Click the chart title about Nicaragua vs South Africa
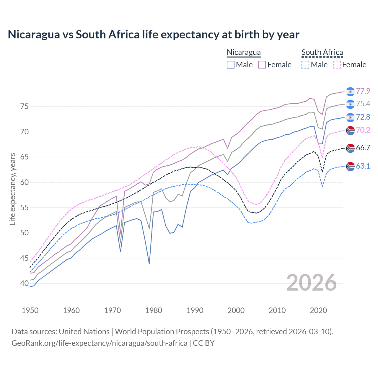click(x=154, y=35)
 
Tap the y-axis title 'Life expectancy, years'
click(x=12, y=189)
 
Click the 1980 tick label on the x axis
click(x=154, y=310)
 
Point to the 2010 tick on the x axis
click(x=277, y=310)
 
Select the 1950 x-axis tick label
click(x=30, y=310)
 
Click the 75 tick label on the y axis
click(x=24, y=106)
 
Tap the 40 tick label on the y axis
click(x=24, y=283)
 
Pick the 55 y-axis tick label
click(x=24, y=208)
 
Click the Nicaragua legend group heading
click(x=244, y=52)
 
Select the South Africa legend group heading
click(x=322, y=52)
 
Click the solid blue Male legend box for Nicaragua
click(x=231, y=65)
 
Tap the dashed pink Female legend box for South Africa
click(x=337, y=65)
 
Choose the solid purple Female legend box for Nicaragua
click(x=262, y=65)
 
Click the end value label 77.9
click(x=363, y=91)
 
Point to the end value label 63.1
click(x=363, y=166)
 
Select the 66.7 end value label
click(x=363, y=148)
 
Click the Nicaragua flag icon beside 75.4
click(x=350, y=104)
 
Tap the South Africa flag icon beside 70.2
click(x=350, y=130)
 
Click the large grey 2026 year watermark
click(x=312, y=283)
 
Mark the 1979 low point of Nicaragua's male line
click(x=149, y=263)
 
